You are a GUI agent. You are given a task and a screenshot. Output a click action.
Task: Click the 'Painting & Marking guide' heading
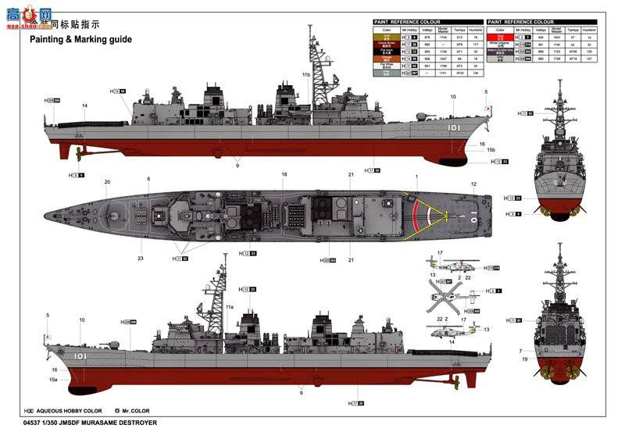tap(81, 39)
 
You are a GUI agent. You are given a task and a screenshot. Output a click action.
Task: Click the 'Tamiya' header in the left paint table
tap(460, 29)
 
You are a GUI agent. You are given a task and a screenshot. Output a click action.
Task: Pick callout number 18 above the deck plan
tap(284, 174)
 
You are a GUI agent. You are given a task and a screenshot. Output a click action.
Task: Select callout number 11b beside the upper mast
tap(306, 74)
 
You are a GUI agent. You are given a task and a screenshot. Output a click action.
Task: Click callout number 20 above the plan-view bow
tap(107, 183)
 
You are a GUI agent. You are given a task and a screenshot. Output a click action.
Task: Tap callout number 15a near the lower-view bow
tap(54, 379)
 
